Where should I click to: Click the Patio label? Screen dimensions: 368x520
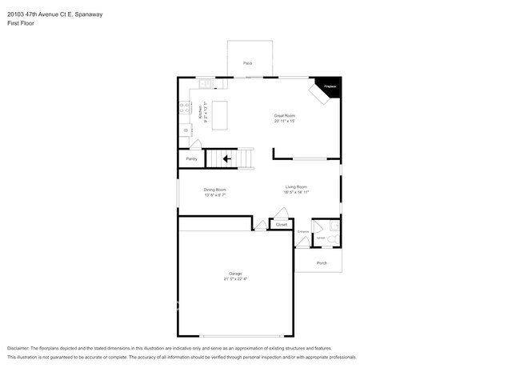click(248, 62)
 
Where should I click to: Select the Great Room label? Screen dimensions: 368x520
click(285, 115)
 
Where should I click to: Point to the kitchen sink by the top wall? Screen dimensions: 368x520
click(205, 83)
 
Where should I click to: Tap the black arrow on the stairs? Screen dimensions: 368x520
click(227, 158)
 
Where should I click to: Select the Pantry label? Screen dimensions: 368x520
click(191, 159)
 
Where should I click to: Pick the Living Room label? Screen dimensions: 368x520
click(296, 187)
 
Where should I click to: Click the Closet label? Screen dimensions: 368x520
click(282, 225)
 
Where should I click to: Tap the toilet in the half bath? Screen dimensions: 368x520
click(333, 238)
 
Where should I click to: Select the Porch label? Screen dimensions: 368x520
click(322, 262)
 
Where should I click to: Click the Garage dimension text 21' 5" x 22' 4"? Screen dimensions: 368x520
click(236, 279)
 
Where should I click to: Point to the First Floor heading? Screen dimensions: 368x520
click(21, 23)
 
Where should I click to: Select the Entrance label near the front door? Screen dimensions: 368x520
click(303, 232)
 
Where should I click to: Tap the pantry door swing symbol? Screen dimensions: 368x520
click(196, 145)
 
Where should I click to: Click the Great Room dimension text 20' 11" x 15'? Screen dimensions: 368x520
click(285, 121)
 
